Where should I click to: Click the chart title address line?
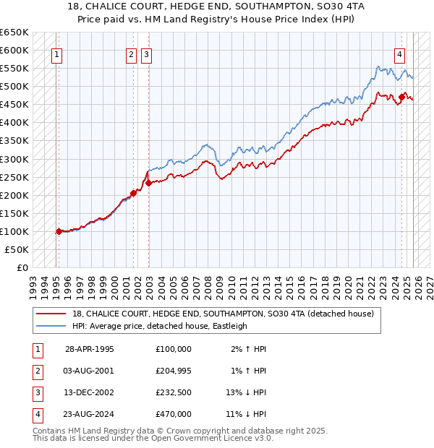point(217,7)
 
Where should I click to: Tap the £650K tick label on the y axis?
point(14,33)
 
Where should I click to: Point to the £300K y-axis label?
point(14,159)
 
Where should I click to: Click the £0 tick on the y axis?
point(22,267)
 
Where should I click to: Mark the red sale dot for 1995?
point(59,231)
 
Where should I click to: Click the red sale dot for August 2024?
point(401,96)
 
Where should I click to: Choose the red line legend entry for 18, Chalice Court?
point(223,314)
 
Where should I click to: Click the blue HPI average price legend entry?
point(160,326)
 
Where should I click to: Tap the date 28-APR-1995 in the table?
point(90,349)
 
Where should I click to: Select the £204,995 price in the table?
point(174,370)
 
